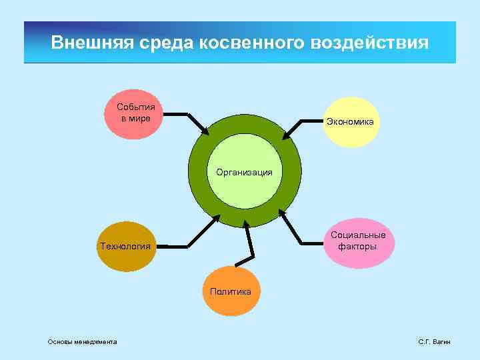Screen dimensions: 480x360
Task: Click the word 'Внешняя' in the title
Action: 93,43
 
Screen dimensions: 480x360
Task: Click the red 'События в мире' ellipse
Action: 136,114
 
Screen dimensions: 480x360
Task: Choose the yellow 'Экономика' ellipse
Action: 351,123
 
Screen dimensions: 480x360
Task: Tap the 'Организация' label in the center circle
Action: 244,172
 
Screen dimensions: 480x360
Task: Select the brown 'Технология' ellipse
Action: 125,247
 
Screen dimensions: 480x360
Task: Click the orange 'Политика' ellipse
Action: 230,291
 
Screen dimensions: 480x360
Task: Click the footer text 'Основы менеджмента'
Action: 82,342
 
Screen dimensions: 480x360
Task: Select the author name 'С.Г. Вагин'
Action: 434,342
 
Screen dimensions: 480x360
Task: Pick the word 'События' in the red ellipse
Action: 136,107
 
